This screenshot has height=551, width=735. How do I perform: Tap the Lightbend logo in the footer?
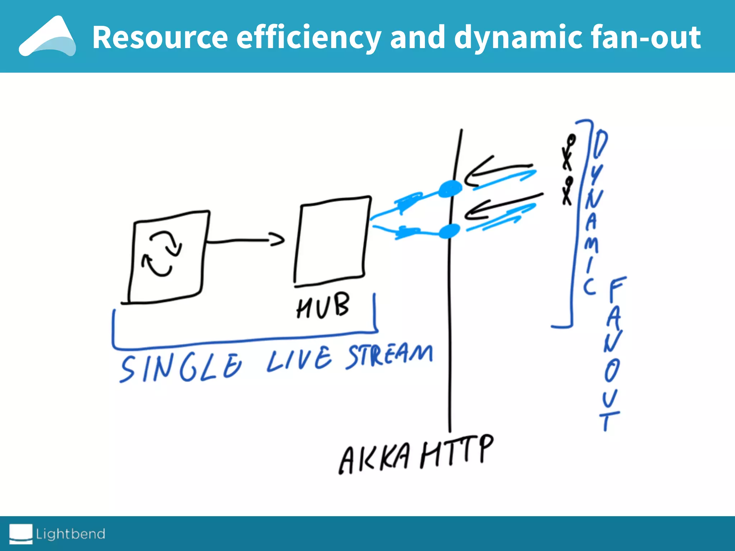[x=57, y=534]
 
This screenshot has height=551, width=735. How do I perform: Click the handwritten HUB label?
[x=323, y=306]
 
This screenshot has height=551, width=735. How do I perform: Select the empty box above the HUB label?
[x=332, y=240]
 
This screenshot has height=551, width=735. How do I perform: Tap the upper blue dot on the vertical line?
[x=450, y=189]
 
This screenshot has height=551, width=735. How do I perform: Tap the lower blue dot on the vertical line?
[x=449, y=231]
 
